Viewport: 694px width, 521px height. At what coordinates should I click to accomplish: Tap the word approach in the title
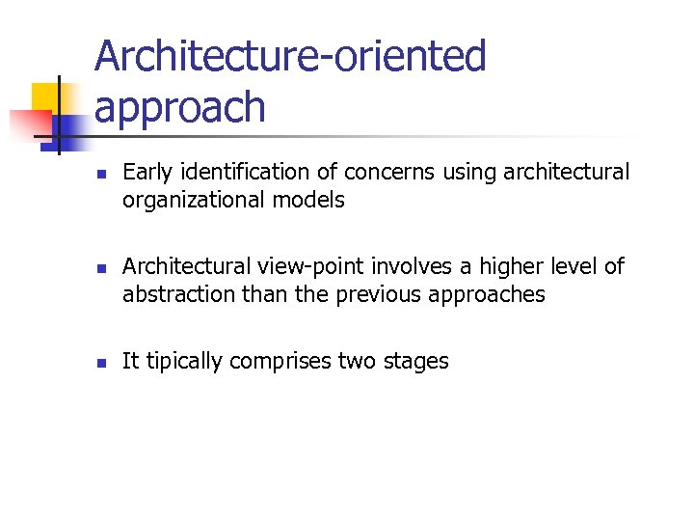179,108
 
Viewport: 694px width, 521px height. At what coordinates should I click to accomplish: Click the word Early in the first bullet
144,173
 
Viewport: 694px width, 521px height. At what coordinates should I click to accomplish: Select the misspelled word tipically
181,362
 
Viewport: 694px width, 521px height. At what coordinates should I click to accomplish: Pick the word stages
417,362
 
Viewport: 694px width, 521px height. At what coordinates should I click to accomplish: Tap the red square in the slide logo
29,124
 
